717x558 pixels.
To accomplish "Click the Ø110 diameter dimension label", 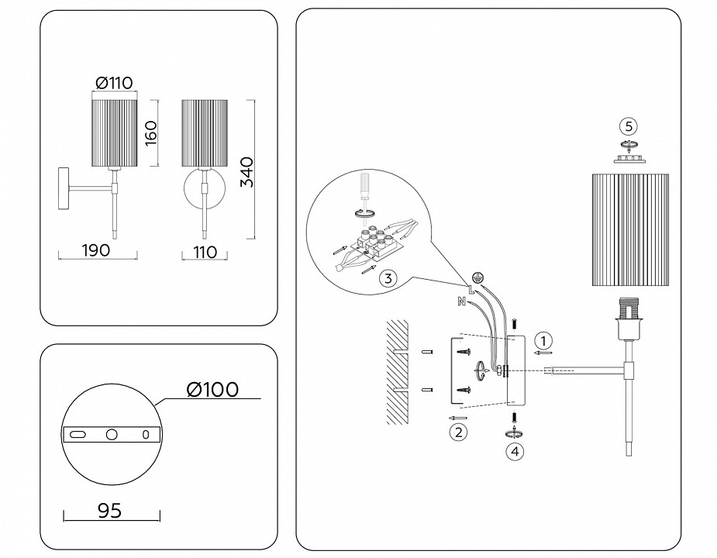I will pos(113,83).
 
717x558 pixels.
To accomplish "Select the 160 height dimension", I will pos(150,133).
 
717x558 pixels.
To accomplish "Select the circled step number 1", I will pos(545,339).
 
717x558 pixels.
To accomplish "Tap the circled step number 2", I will pos(459,432).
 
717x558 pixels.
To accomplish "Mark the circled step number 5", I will pos(629,126).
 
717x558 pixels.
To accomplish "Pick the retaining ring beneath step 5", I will pos(629,158).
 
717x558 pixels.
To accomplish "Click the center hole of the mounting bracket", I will pos(112,435).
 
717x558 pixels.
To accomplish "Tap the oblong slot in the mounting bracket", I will pos(78,436).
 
